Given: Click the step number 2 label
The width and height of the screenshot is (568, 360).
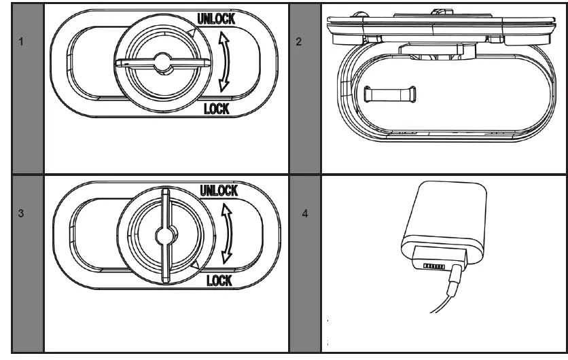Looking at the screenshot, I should (x=299, y=42).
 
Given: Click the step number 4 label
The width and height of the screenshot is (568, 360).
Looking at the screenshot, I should (x=304, y=213).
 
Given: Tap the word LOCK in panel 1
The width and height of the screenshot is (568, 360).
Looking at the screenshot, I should (x=217, y=109).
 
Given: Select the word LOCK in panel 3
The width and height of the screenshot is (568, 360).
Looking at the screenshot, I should (x=218, y=280).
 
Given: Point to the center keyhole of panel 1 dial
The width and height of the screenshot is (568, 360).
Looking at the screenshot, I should (x=161, y=63).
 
